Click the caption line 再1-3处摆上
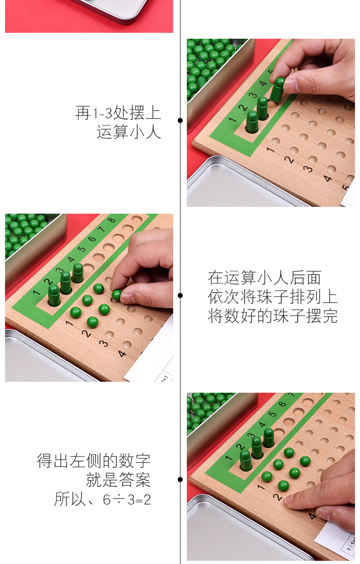118,113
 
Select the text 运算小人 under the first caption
129,132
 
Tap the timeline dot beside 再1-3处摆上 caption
180,120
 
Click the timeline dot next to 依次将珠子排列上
180,295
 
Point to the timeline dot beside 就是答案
180,479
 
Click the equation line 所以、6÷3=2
103,499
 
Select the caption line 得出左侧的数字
93,461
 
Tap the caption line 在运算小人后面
265,277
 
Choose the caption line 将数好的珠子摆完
273,316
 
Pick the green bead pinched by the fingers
117,295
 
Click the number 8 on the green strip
112,220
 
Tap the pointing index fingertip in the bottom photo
290,500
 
